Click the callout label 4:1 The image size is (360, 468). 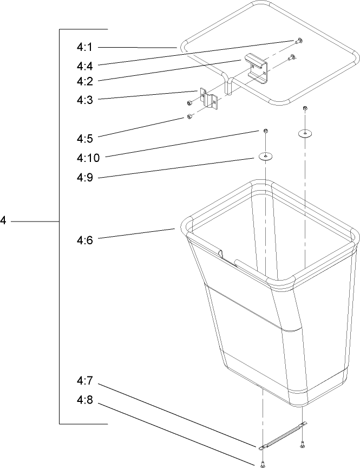click(85, 47)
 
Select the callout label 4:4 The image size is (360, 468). click(85, 66)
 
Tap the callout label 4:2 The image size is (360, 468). click(85, 81)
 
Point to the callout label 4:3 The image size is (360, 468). click(85, 100)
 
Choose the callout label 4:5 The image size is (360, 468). click(85, 139)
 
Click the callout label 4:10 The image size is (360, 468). click(88, 158)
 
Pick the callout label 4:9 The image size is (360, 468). click(85, 177)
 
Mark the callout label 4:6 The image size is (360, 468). click(85, 240)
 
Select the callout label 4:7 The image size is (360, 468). click(85, 381)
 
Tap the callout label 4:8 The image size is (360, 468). click(85, 399)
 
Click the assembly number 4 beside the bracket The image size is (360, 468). click(3, 221)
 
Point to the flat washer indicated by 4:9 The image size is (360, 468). click(265, 156)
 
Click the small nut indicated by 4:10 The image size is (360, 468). click(266, 131)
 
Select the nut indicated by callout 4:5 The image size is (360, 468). click(189, 116)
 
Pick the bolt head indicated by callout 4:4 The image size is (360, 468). click(299, 41)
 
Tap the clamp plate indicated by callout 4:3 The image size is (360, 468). click(209, 98)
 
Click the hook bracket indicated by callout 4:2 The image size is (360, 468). click(257, 68)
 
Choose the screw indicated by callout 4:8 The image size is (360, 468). click(263, 464)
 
